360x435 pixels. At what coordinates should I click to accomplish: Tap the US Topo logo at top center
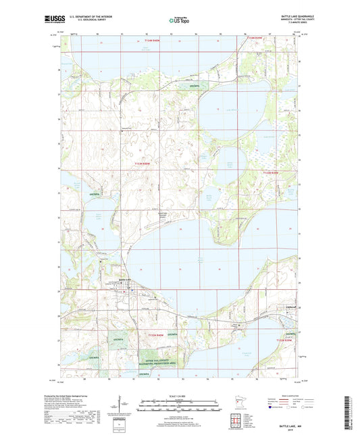point(177,21)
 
